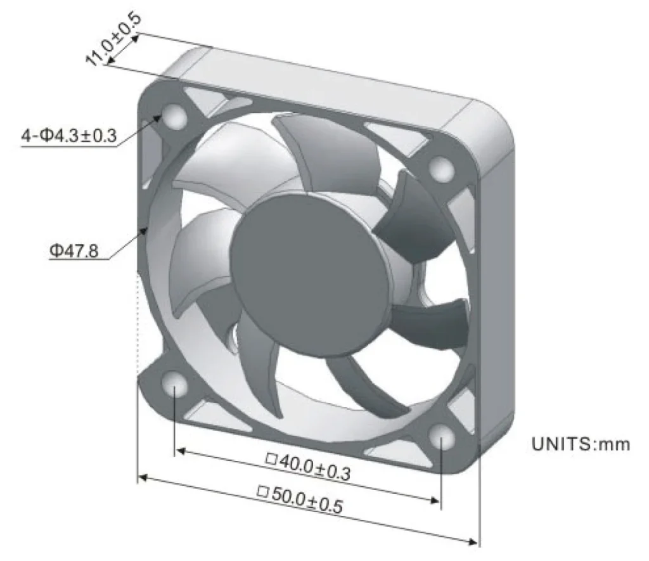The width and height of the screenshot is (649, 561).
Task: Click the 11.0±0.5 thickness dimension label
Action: click(113, 39)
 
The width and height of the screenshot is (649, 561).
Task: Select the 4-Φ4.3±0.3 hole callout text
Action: click(69, 136)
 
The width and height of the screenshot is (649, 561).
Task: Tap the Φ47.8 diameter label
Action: click(74, 250)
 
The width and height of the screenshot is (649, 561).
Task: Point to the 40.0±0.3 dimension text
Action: click(309, 467)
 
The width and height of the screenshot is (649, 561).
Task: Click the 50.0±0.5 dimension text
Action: click(300, 499)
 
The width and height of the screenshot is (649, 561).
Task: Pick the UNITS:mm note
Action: click(581, 444)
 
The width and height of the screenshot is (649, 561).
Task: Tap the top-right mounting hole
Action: click(442, 169)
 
